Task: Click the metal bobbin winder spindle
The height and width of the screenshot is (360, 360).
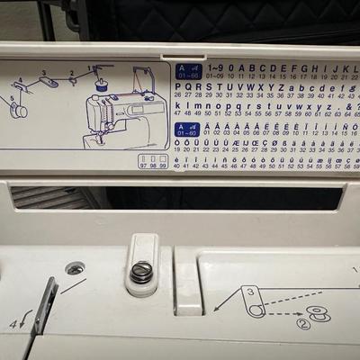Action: click(x=141, y=271)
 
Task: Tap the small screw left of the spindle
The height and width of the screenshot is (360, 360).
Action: click(x=75, y=268)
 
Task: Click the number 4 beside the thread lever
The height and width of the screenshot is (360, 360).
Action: click(x=13, y=322)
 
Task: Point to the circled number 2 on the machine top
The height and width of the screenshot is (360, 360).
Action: click(x=303, y=323)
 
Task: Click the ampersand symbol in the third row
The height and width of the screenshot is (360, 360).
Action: click(x=346, y=106)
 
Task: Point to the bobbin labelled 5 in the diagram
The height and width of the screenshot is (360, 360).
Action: click(x=17, y=110)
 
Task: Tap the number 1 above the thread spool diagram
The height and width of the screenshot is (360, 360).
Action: click(x=89, y=67)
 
